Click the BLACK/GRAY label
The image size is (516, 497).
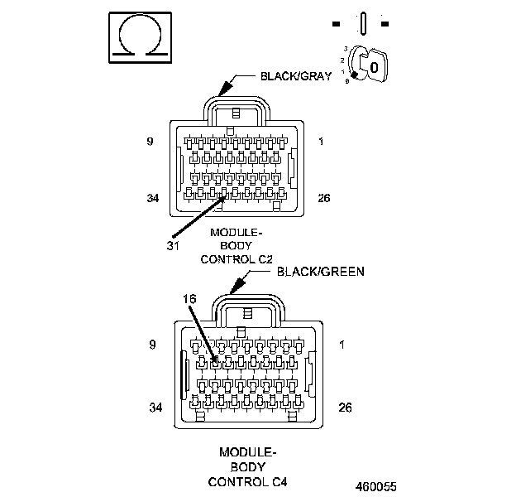click(x=296, y=75)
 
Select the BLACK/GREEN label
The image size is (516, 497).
click(x=320, y=271)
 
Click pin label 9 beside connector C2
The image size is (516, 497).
click(x=150, y=142)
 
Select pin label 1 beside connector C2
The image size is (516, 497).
click(x=321, y=142)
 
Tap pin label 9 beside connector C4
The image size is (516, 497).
click(x=152, y=344)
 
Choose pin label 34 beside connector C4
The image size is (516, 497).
click(x=155, y=408)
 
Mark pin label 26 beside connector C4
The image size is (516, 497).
click(x=346, y=408)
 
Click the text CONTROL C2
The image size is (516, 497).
click(x=236, y=258)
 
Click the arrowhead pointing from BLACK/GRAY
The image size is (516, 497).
click(x=222, y=89)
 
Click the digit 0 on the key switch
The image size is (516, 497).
click(x=373, y=65)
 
